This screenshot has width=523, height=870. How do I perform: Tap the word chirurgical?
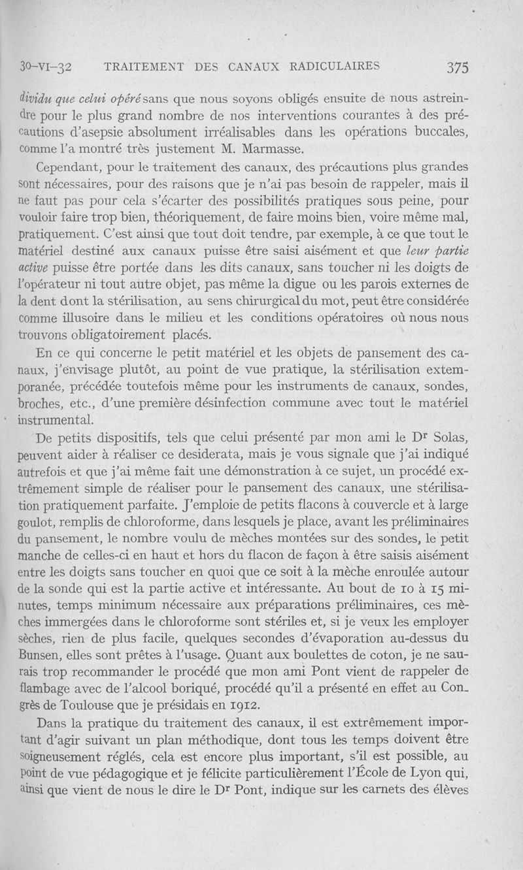coord(284,302)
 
